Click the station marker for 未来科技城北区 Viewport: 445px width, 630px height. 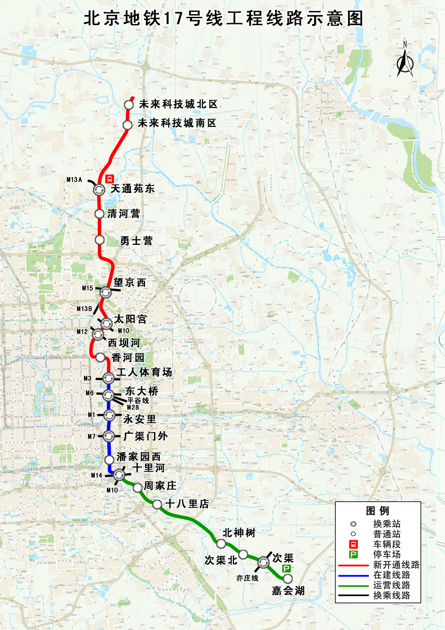click(129, 105)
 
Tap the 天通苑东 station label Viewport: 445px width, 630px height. click(133, 189)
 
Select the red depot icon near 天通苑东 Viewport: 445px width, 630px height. click(109, 179)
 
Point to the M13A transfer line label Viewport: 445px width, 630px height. click(75, 180)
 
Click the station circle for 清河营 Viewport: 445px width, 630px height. click(99, 214)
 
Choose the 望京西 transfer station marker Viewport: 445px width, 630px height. click(105, 292)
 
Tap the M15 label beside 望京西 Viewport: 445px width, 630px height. click(87, 288)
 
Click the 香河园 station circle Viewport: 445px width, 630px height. click(101, 357)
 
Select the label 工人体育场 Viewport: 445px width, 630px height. click(144, 372)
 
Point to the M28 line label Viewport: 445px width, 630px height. click(133, 407)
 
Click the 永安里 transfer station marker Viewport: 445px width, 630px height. click(109, 415)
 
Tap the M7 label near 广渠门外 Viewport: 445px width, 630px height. click(91, 436)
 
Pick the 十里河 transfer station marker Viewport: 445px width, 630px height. click(119, 475)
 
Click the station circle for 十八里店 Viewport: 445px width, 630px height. click(157, 504)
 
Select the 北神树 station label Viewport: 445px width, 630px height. click(239, 533)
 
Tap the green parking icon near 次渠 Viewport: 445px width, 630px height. click(286, 569)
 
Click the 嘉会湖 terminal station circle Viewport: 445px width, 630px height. click(288, 579)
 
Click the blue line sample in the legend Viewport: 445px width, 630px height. click(353, 575)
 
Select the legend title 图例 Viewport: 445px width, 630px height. click(377, 511)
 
